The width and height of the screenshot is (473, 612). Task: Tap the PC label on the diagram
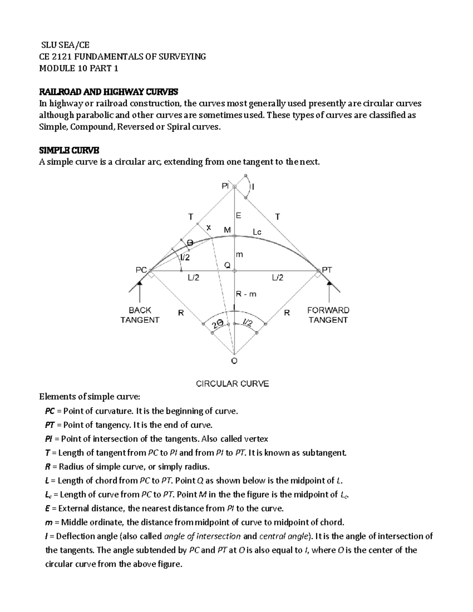pos(141,270)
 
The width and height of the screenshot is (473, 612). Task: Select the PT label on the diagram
pos(327,270)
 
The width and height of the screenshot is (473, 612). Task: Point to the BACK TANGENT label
pos(140,315)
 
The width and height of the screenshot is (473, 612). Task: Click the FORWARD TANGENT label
pos(328,315)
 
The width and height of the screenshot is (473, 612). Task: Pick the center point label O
pos(234,361)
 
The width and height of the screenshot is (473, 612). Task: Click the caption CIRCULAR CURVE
pos(233,383)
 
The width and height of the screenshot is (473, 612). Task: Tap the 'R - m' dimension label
pos(246,294)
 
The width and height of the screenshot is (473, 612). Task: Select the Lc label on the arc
pos(257,232)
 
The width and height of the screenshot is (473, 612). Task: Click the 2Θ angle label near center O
pos(217,324)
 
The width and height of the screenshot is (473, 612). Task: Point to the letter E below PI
pos(238,216)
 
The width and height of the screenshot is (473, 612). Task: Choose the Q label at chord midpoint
pos(227,265)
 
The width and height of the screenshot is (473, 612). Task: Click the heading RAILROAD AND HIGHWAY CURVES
pos(108,92)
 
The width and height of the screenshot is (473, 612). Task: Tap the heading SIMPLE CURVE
pos(69,150)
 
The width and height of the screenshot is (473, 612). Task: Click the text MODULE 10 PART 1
pos(78,69)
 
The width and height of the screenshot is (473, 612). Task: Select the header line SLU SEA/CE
pos(65,45)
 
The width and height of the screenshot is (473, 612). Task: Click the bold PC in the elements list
pos(50,411)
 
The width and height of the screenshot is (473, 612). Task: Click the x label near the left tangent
pos(209,227)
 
